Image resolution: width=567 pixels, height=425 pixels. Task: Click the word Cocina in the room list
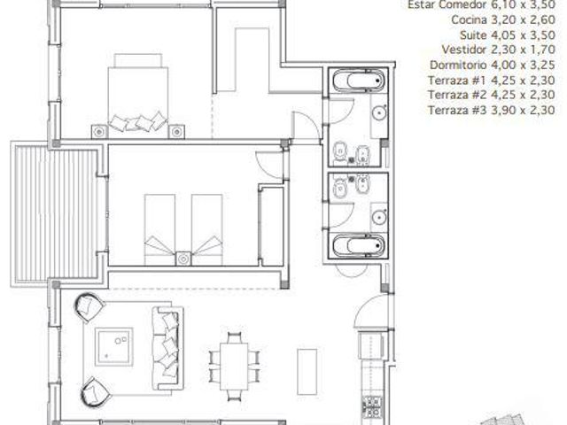469,19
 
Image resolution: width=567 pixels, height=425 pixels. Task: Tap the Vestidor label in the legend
463,50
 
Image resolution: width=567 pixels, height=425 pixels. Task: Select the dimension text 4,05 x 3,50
523,35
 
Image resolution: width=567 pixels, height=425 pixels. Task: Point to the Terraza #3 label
457,110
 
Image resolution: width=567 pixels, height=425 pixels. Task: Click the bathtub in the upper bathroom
358,80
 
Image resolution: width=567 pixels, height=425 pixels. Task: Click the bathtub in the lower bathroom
358,246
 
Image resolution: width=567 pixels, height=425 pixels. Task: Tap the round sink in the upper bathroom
379,113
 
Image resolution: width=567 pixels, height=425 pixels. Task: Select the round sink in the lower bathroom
379,218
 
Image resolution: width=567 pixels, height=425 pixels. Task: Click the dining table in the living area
234,366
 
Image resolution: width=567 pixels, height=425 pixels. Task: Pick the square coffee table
114,346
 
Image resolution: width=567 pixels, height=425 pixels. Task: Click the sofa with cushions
167,348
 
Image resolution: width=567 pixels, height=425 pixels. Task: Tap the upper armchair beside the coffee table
89,307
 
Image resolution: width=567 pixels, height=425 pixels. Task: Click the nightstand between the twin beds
183,259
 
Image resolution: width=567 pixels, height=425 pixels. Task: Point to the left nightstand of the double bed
99,132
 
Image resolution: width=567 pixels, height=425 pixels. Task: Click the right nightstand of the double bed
176,132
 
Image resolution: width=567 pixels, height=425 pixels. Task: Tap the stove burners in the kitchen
372,407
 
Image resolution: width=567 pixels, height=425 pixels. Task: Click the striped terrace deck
56,214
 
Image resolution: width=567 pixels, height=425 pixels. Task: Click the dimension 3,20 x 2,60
523,19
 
